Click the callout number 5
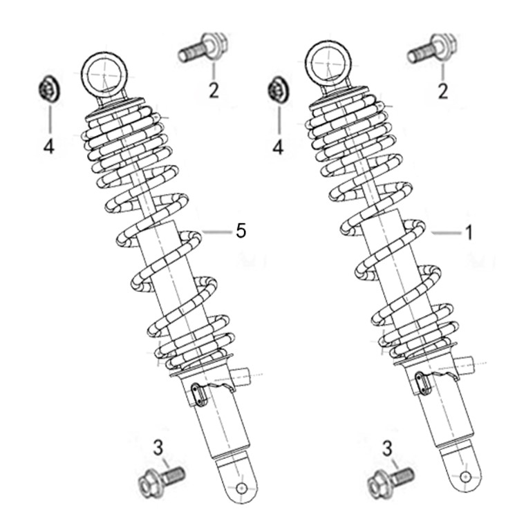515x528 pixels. [x=241, y=231]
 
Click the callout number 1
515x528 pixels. [x=469, y=232]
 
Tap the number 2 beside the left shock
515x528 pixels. [x=214, y=91]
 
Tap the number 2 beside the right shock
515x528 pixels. [x=442, y=91]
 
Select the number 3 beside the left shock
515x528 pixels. [x=158, y=448]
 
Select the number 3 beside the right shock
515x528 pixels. [x=387, y=449]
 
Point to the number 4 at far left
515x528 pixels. [x=49, y=147]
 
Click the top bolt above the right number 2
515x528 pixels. [x=432, y=48]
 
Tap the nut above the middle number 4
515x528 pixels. [x=278, y=90]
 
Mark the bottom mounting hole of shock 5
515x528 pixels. [x=241, y=488]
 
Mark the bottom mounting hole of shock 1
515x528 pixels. [x=465, y=477]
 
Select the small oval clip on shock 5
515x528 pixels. [x=200, y=396]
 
